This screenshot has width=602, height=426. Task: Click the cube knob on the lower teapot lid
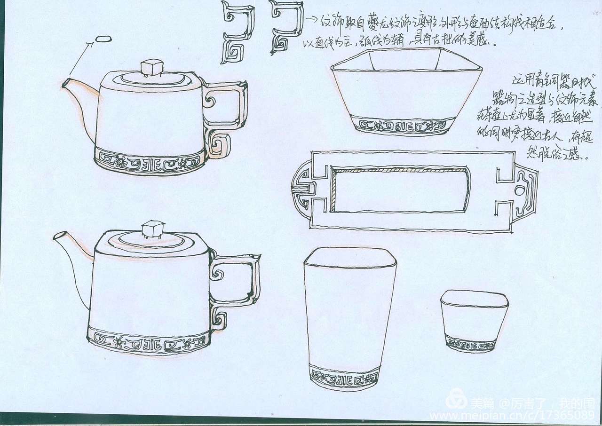[x=152, y=229]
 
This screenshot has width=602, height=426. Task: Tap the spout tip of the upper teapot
[x=65, y=84]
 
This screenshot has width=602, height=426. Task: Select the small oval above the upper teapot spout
[x=103, y=39]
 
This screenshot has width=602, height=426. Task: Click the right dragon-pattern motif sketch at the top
[x=285, y=27]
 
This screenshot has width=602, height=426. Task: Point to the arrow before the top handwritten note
[x=311, y=20]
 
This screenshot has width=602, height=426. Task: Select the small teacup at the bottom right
[x=474, y=320]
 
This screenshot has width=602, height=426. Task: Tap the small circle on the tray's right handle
[x=519, y=190]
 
